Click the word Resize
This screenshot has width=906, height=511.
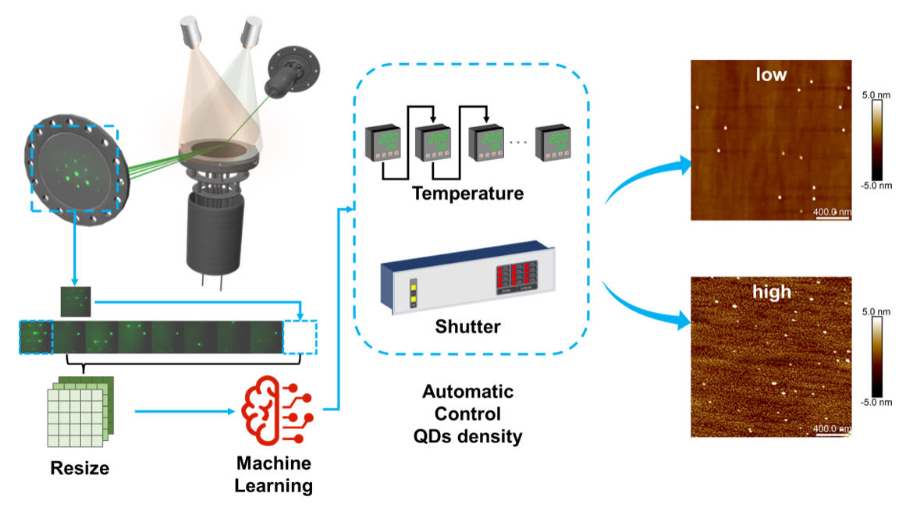80,468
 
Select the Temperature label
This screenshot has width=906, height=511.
467,193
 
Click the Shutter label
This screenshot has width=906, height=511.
467,325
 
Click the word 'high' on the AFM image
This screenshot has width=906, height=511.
771,292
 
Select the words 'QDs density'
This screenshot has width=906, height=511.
467,436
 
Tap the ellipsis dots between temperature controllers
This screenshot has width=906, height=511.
517,142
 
